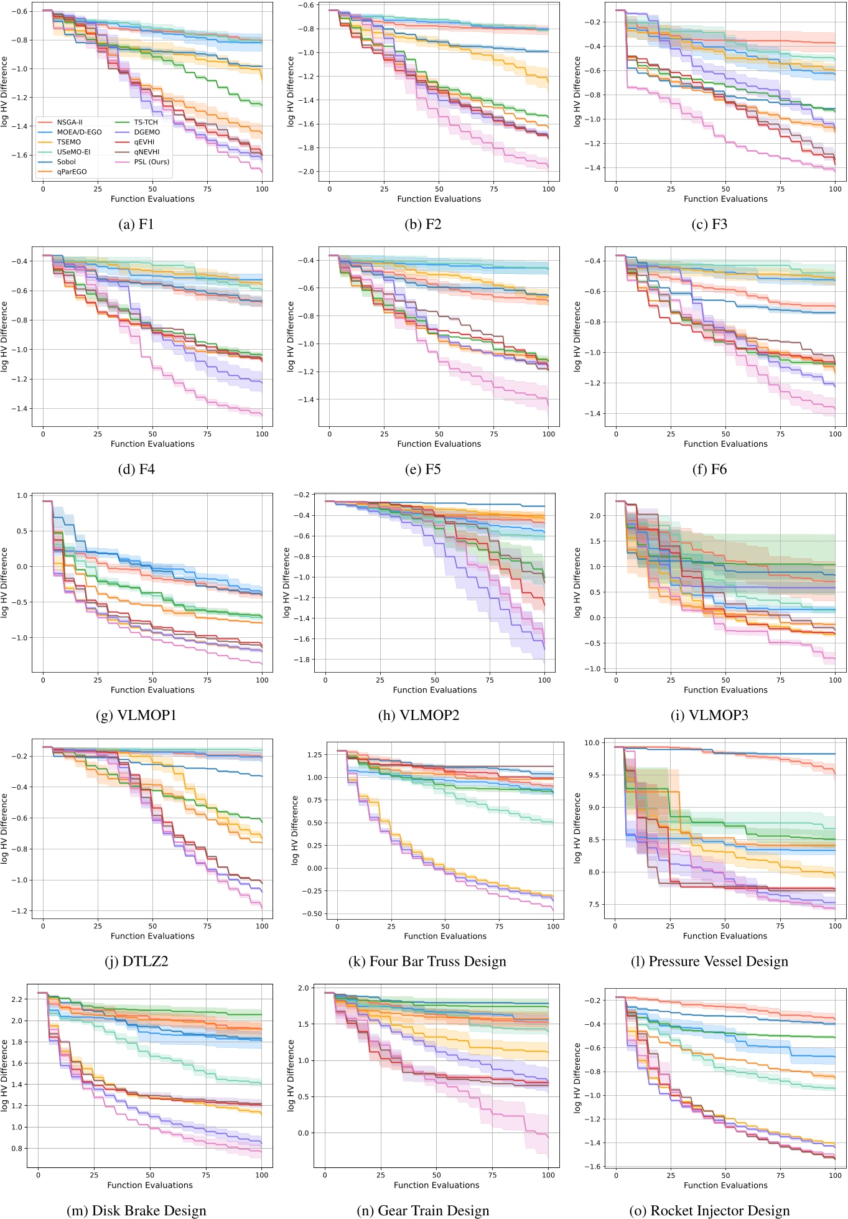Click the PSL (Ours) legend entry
[x=151, y=162]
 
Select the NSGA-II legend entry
[x=69, y=122]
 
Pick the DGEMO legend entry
[x=147, y=132]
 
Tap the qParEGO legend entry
[x=72, y=172]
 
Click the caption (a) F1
[x=136, y=225]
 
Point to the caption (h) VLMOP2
[x=419, y=716]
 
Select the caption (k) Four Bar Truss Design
[x=427, y=962]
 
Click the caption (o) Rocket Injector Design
[x=709, y=1210]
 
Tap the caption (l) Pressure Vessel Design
[x=709, y=962]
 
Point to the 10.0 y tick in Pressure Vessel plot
[x=592, y=743]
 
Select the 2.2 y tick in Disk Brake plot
[x=17, y=999]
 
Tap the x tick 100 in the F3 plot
[x=835, y=189]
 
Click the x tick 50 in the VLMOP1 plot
[x=152, y=680]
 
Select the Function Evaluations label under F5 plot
[x=439, y=444]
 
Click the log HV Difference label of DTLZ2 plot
[x=5, y=828]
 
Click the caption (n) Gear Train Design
[x=423, y=1210]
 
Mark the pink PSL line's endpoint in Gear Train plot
[x=548, y=1137]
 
